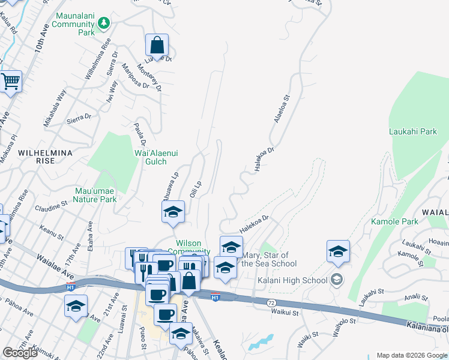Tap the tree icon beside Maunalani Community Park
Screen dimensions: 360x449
click(105, 22)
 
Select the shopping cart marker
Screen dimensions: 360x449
click(11, 81)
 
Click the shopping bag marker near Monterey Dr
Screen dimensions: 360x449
click(157, 45)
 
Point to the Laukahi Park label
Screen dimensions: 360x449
click(412, 131)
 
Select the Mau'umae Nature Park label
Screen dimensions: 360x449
click(95, 195)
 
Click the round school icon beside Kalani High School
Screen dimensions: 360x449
click(337, 280)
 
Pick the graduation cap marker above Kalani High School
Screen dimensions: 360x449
click(339, 251)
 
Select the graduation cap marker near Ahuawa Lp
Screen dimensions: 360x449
click(173, 212)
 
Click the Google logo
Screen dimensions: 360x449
click(20, 353)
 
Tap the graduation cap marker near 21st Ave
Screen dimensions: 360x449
click(76, 307)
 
